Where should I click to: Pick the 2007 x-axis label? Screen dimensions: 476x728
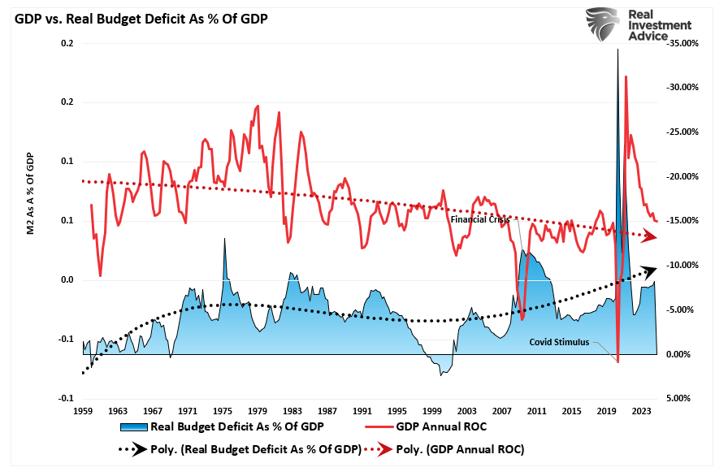click(505, 412)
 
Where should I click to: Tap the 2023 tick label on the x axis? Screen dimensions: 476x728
click(645, 412)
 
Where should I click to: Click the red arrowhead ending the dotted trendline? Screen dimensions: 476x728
click(649, 236)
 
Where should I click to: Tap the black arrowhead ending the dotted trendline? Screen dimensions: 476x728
click(648, 270)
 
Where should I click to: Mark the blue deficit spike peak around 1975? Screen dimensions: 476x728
click(224, 239)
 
